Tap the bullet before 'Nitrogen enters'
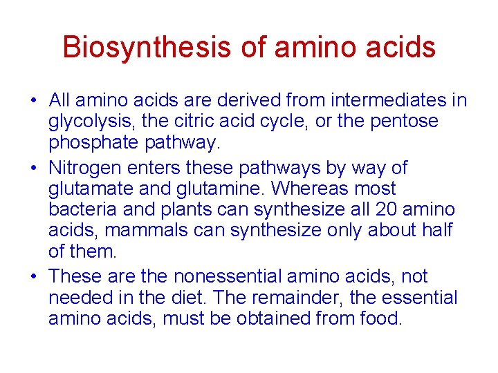(x=33, y=169)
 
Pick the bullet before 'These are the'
(x=33, y=277)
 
